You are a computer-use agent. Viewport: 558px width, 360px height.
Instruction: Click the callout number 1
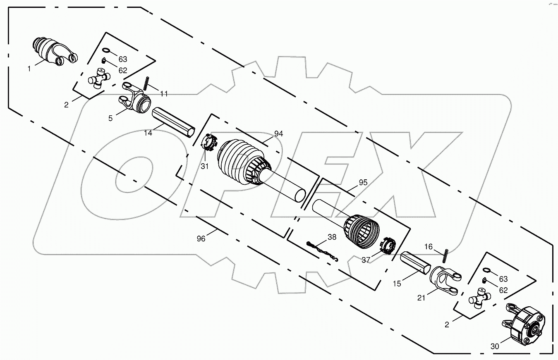tap(29, 69)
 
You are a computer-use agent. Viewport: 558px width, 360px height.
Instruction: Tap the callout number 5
tap(110, 119)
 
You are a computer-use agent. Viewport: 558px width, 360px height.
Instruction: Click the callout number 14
tap(148, 133)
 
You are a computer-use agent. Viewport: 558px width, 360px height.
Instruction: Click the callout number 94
tap(279, 134)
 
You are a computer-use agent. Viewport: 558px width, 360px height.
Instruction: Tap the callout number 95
tap(363, 182)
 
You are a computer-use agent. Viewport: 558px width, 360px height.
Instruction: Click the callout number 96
tap(201, 238)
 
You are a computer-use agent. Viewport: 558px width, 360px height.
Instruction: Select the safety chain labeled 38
tap(323, 252)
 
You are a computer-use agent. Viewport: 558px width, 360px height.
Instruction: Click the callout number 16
tap(429, 247)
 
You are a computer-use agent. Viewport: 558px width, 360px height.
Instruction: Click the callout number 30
tap(495, 346)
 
